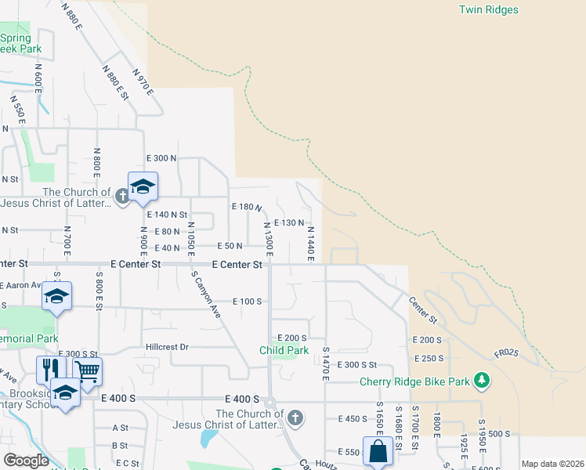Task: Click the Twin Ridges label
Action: coord(488,10)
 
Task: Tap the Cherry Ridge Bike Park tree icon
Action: coord(482,381)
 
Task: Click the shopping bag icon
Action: coord(378,451)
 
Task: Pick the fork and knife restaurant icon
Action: coord(48,371)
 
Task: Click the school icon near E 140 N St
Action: coord(143,186)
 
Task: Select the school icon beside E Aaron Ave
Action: coord(56,296)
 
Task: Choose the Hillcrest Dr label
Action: coord(167,346)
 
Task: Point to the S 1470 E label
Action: coord(324,366)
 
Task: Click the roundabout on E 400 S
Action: coord(269,402)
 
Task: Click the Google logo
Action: coord(26,461)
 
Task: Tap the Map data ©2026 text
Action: coord(552,464)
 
